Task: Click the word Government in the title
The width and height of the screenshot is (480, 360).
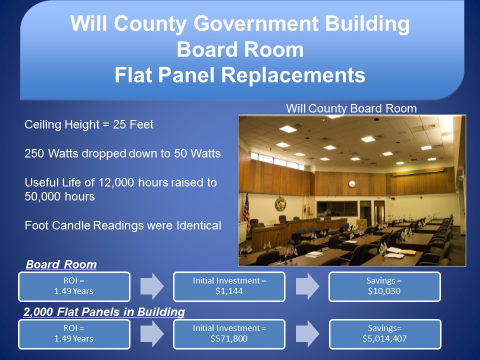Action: pyautogui.click(x=256, y=24)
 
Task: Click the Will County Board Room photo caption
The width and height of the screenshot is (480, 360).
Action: pyautogui.click(x=351, y=108)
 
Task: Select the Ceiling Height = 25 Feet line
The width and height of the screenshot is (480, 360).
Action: pyautogui.click(x=89, y=124)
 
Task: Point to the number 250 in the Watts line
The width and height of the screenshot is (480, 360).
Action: pyautogui.click(x=34, y=153)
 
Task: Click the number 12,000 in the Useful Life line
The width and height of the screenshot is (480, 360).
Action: pyautogui.click(x=116, y=182)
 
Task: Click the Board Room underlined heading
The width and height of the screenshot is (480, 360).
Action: pyautogui.click(x=61, y=264)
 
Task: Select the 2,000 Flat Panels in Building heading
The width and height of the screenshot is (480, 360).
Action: pyautogui.click(x=104, y=312)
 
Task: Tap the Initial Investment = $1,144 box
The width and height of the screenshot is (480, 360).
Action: pyautogui.click(x=229, y=286)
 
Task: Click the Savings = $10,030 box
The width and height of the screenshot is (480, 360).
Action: pyautogui.click(x=384, y=286)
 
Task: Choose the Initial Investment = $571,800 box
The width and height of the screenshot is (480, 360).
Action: pyautogui.click(x=229, y=334)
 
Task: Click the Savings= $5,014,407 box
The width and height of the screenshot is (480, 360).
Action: pyautogui.click(x=385, y=334)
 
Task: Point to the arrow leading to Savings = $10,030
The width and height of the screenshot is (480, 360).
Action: pyautogui.click(x=307, y=286)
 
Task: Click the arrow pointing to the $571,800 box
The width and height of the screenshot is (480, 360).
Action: pyautogui.click(x=152, y=334)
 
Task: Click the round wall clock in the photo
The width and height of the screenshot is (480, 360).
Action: pyautogui.click(x=351, y=184)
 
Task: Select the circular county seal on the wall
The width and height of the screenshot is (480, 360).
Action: pyautogui.click(x=280, y=204)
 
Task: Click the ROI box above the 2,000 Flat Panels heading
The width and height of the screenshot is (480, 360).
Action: pyautogui.click(x=74, y=286)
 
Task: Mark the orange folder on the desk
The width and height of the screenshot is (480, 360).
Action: pyautogui.click(x=407, y=252)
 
